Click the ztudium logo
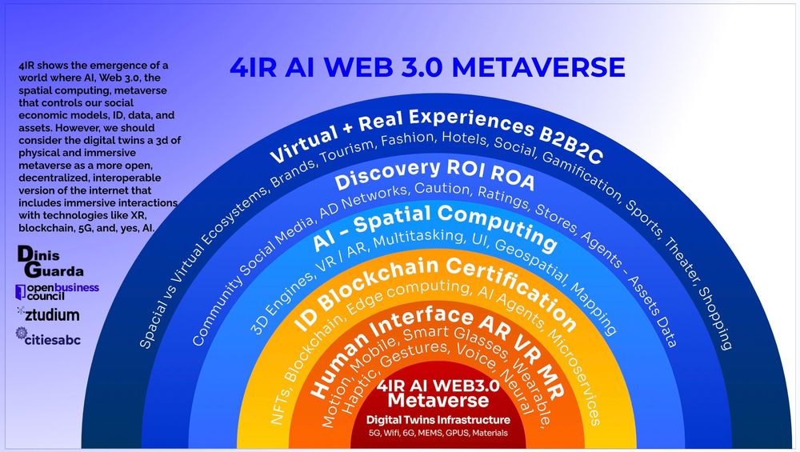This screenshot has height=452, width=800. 47,314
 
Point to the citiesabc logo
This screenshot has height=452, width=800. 48,338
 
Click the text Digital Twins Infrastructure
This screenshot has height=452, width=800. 438,419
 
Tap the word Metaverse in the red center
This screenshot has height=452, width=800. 437,399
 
